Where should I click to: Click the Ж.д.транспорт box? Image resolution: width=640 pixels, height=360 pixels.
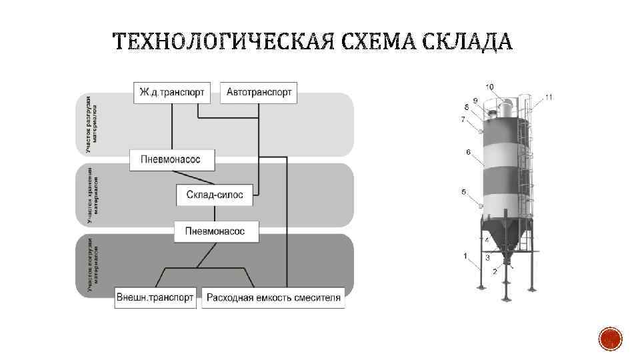172,93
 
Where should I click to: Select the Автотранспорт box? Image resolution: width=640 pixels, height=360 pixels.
259,93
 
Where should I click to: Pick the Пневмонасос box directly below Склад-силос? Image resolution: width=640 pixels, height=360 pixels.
216,231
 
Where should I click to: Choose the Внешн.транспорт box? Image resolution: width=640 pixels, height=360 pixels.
155,297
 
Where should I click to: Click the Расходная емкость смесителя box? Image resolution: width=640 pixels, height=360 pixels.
273,297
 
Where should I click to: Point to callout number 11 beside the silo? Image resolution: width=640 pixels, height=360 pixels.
548,97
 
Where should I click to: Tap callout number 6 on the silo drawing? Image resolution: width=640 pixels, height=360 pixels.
468,152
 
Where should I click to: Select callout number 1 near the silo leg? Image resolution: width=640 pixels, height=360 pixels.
465,255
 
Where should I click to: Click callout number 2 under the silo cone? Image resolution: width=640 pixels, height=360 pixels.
494,271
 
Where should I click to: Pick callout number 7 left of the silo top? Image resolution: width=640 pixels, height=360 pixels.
463,120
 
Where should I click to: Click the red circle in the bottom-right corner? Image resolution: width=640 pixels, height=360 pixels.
611,339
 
